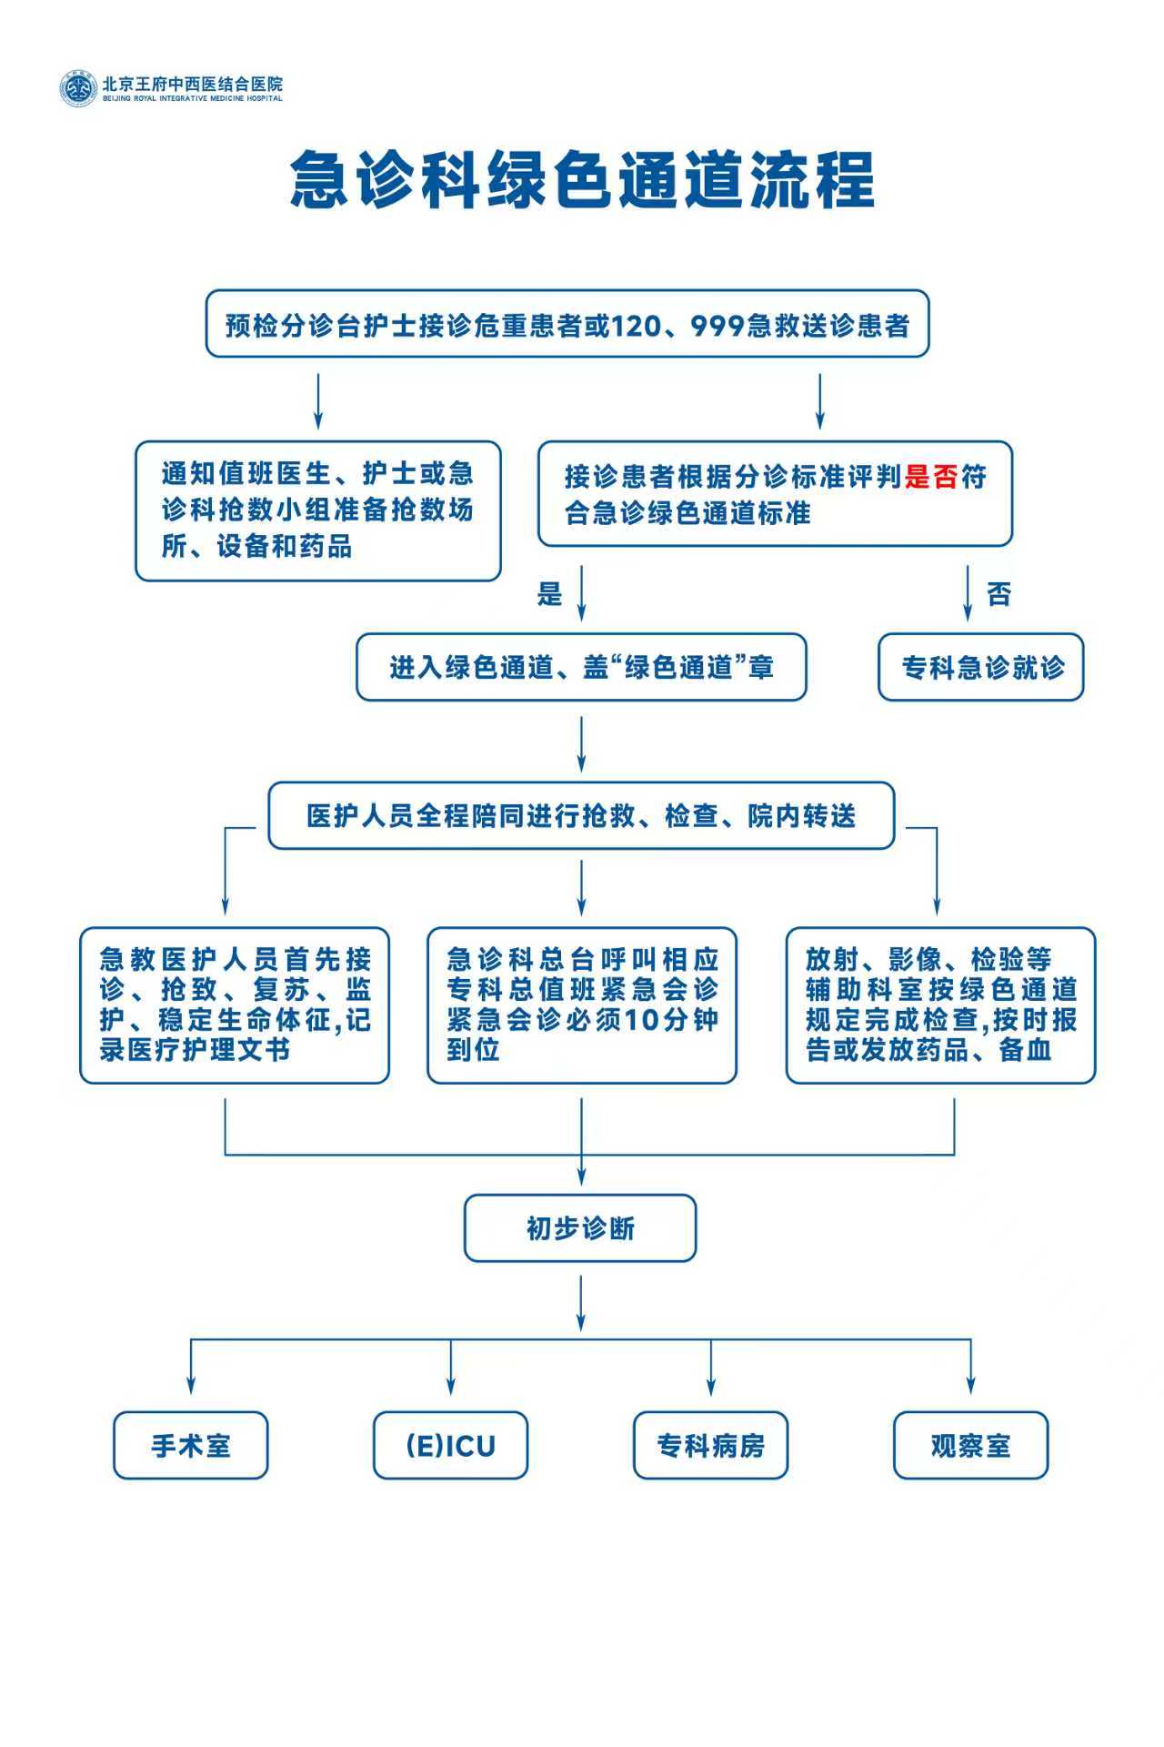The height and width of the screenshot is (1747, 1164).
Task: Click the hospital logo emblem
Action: click(78, 88)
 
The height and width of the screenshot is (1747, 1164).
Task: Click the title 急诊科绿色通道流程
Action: click(582, 180)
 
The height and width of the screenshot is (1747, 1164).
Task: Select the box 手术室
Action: click(191, 1446)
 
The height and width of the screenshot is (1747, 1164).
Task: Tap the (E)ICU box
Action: click(450, 1446)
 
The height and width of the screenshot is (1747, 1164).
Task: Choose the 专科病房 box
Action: click(710, 1446)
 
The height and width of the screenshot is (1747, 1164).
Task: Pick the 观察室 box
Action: click(970, 1446)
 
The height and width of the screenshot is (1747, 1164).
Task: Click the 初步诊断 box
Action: click(580, 1228)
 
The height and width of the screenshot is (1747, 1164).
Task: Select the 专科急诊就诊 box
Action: click(981, 668)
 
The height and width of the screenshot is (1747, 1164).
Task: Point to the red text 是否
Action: click(931, 477)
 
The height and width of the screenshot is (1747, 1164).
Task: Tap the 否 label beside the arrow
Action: click(998, 595)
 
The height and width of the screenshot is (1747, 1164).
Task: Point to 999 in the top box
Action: click(717, 325)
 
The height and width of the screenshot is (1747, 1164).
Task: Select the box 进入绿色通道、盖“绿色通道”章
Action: click(581, 668)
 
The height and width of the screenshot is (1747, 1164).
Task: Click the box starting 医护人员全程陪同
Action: click(581, 816)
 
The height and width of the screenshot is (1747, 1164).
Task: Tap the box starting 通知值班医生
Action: click(318, 510)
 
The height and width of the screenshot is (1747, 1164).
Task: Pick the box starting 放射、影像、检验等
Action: click(940, 1005)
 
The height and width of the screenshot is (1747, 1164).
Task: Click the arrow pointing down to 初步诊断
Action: click(581, 1169)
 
